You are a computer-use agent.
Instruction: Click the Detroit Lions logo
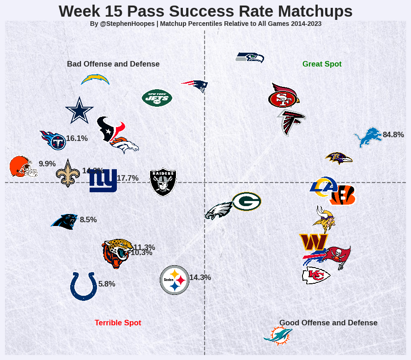(368, 137)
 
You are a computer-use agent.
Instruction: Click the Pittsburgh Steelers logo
(174, 280)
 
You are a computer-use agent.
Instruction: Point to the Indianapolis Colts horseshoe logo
(84, 286)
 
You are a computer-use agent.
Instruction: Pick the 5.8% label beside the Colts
(107, 284)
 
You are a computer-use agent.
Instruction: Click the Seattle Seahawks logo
(250, 58)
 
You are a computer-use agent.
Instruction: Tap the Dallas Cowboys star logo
(79, 110)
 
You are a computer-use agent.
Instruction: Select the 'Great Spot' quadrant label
(322, 64)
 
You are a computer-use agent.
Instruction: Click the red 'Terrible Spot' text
(118, 323)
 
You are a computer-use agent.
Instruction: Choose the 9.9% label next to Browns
(47, 164)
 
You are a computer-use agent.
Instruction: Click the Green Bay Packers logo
(247, 201)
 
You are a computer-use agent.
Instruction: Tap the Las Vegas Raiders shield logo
(163, 182)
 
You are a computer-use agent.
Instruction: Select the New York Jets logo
(157, 98)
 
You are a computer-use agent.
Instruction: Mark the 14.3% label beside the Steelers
(200, 278)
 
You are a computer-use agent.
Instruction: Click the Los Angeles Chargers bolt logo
(95, 79)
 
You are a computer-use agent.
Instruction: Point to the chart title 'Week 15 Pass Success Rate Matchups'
(205, 11)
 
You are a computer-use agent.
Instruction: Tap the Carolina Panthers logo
(64, 221)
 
